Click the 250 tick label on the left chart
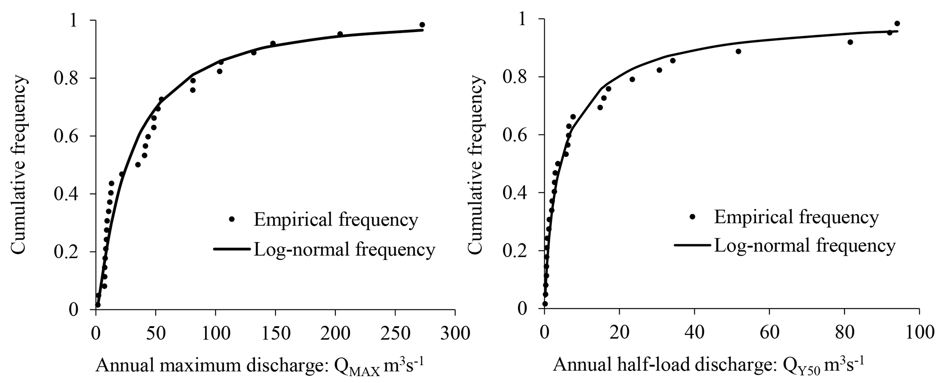coord(395,333)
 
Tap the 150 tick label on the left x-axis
coord(275,333)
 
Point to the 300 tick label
coord(455,333)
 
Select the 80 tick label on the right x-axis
coord(844,332)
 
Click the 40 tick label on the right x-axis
coord(694,332)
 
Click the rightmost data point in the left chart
coord(422,25)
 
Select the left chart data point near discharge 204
coord(340,34)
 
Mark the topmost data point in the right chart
coord(897,23)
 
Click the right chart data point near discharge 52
coord(738,51)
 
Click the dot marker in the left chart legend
coord(232,220)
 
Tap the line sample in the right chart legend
coord(692,246)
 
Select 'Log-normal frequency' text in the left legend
coord(344,250)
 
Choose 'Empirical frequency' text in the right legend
coord(796,217)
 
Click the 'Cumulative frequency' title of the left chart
coord(19,165)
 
